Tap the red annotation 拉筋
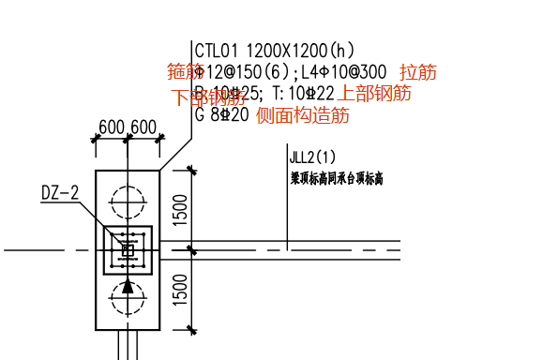417,72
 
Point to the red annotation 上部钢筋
374,93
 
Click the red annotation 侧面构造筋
303,115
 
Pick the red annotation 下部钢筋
208,97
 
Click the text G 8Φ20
222,114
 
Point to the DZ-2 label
60,193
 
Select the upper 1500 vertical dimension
182,209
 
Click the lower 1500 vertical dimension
182,290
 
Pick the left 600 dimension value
112,127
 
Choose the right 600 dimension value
143,127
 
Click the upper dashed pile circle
128,200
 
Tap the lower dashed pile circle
128,299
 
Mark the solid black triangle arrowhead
128,286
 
